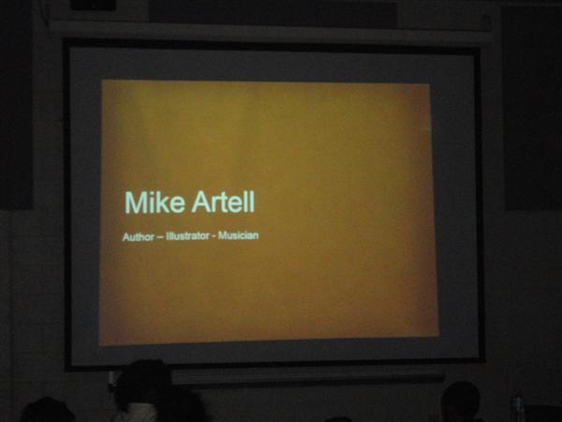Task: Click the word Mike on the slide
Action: click(155, 203)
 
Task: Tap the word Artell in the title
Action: click(223, 202)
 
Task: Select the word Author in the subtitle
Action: click(139, 237)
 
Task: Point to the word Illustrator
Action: click(187, 236)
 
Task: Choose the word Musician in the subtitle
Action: click(238, 235)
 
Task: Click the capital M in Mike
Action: click(134, 203)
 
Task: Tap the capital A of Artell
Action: click(201, 202)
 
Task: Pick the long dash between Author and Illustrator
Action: click(160, 237)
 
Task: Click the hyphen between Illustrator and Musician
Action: click(214, 237)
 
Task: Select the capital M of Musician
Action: click(222, 235)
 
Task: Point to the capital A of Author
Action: click(126, 237)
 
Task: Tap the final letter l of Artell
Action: click(252, 202)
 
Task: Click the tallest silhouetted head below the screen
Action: click(143, 381)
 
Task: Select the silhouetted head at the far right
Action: click(461, 399)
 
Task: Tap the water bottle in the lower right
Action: click(517, 408)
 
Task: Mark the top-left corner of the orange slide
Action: click(102, 80)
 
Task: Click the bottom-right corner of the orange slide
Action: click(438, 336)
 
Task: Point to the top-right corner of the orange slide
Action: click(430, 84)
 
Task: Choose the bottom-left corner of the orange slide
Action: click(99, 345)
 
